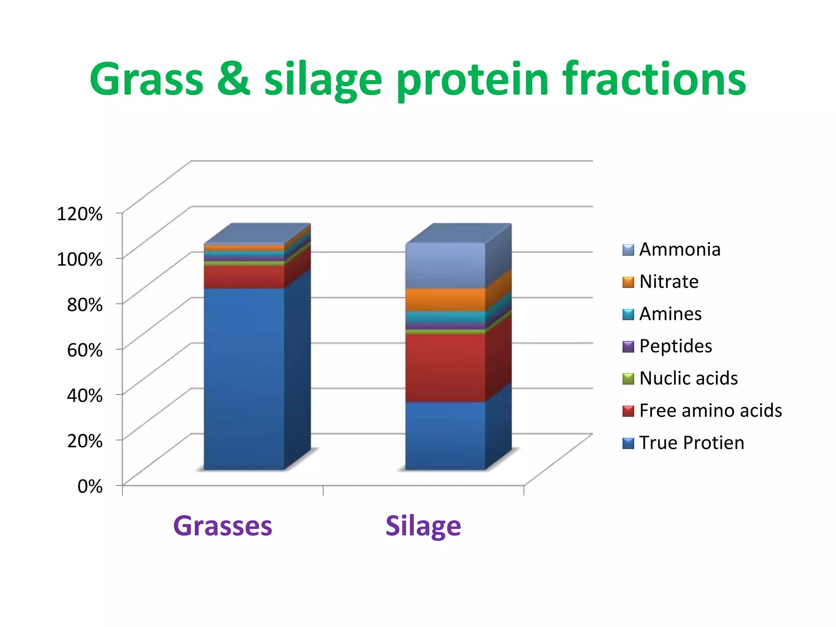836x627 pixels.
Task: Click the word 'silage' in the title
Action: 322,80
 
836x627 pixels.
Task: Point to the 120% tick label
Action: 80,214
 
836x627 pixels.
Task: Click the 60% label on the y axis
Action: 85,350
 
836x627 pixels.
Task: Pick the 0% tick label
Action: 90,486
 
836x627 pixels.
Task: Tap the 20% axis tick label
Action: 85,441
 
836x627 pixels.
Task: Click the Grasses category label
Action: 222,526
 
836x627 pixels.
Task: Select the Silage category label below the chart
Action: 423,526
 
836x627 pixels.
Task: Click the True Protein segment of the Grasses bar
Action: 244,378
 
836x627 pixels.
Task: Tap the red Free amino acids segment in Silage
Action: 445,367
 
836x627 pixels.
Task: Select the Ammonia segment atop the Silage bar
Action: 445,265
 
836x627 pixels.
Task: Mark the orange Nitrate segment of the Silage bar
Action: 445,300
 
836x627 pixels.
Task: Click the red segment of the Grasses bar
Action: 244,277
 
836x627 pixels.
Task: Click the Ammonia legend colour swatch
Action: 628,250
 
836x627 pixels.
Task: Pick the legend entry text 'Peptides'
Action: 675,346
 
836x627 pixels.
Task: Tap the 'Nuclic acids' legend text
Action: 688,378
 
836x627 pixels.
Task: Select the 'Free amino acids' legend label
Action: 710,411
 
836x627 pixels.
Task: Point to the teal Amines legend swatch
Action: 628,314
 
